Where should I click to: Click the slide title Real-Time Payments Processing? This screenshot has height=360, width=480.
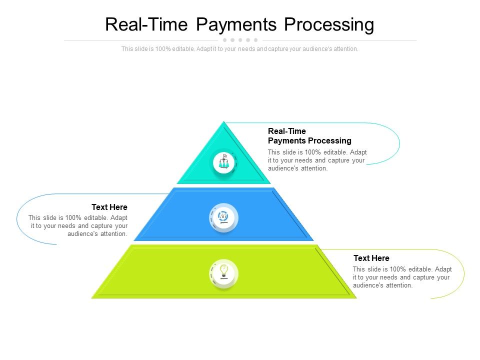click(239, 24)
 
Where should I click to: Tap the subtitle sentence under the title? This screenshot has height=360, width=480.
click(239, 49)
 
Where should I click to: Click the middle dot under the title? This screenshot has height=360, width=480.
click(240, 40)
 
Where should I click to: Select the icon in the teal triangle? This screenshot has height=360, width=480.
click(223, 161)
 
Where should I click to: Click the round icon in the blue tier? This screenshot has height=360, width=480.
click(223, 217)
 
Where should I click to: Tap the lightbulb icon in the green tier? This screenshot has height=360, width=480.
click(223, 273)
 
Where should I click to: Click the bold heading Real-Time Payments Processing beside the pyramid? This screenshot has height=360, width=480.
click(309, 136)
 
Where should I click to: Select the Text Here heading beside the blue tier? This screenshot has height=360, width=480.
click(109, 207)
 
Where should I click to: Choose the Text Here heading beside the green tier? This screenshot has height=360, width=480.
click(371, 258)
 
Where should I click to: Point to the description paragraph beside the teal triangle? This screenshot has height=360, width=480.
click(317, 160)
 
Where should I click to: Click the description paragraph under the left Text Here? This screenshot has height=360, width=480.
click(78, 225)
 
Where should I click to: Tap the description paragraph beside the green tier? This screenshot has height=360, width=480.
click(402, 277)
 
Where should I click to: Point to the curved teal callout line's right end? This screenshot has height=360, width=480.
click(399, 143)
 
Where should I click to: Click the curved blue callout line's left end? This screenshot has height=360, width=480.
click(16, 218)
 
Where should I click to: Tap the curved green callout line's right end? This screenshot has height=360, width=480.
click(464, 274)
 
